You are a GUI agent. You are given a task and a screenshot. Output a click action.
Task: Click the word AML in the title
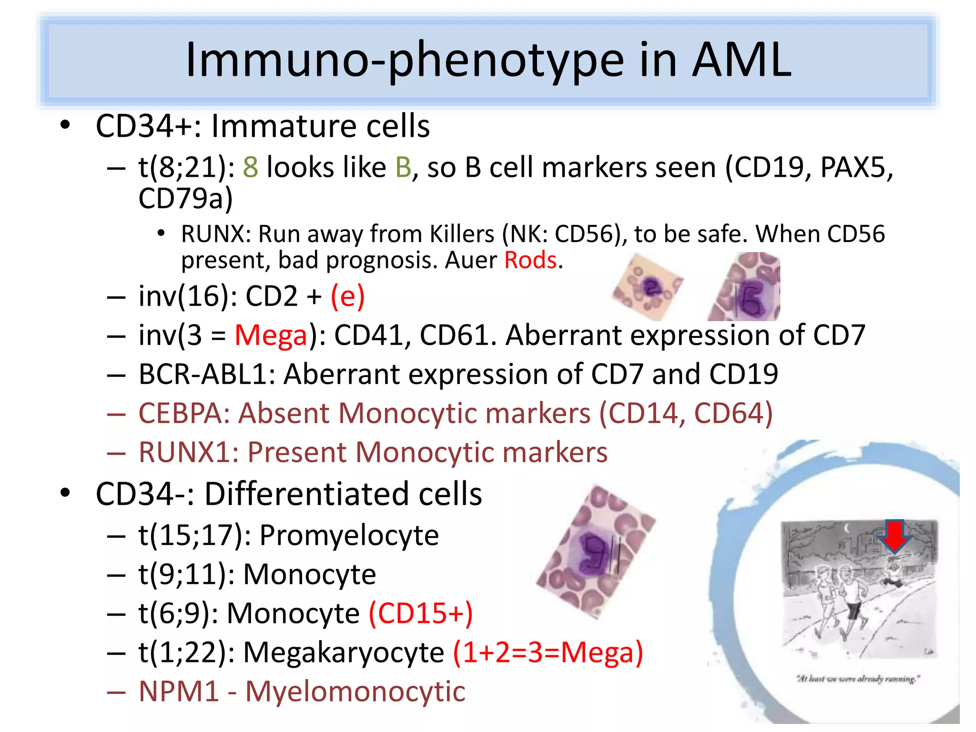coord(741,60)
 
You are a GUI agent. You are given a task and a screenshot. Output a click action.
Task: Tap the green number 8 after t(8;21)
coord(251,168)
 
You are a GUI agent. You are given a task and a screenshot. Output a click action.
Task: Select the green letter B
coord(403,168)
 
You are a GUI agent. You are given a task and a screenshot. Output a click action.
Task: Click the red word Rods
coord(530,261)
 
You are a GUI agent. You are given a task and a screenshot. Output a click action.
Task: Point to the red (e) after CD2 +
coord(348,296)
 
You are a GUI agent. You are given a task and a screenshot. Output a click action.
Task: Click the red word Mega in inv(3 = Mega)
coord(271,335)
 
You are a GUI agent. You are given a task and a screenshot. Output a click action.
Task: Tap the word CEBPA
coord(184,413)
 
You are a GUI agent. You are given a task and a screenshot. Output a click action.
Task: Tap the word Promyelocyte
coord(349,535)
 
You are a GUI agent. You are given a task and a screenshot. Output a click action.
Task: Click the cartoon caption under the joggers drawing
coord(858,678)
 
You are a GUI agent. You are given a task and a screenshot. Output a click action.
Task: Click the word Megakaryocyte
coord(344,652)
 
